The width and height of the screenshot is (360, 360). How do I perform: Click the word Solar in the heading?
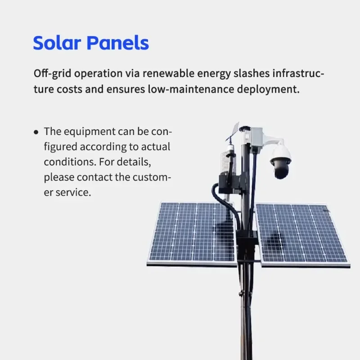click(x=57, y=43)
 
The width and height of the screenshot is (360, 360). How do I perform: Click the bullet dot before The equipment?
click(x=36, y=132)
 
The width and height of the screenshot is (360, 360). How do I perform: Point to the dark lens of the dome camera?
click(x=281, y=170)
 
